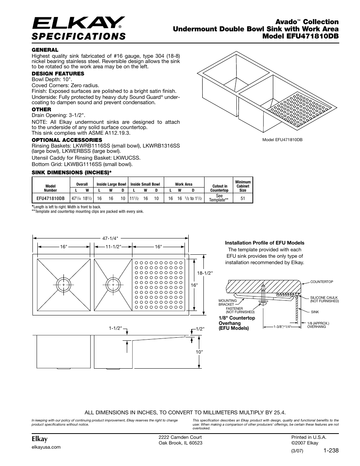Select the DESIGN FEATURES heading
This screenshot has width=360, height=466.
point(58,74)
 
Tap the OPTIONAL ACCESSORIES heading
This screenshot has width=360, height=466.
point(67,140)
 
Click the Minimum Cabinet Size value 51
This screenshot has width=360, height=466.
point(243,198)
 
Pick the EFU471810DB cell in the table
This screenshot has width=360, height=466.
point(51,198)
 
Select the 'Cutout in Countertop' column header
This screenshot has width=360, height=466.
point(220,188)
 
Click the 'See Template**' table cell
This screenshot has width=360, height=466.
point(219,198)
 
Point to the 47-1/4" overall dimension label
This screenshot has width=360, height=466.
point(111,238)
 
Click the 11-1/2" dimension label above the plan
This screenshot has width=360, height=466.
point(113,246)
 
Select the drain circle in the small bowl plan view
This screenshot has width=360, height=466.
point(113,284)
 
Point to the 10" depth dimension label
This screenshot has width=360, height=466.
point(199,351)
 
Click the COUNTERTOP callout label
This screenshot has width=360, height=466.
point(322,282)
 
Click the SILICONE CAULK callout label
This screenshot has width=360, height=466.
point(324,299)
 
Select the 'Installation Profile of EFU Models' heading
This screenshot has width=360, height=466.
point(265,243)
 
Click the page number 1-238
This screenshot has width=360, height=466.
point(331,450)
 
